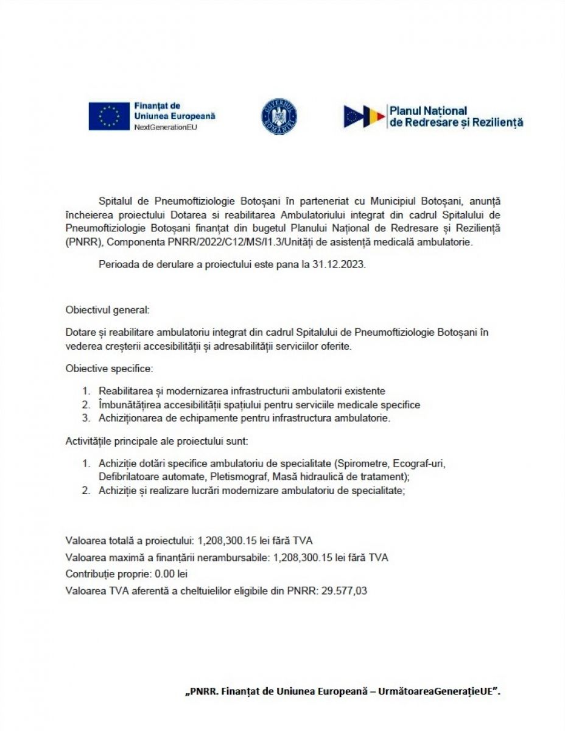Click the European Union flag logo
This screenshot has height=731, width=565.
pos(108,116)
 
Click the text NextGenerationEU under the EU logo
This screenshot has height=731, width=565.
pos(166,127)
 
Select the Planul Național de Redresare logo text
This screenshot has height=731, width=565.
pos(455,116)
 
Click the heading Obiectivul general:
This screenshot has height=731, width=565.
pos(107,309)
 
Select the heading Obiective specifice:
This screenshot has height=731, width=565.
pos(110,369)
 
